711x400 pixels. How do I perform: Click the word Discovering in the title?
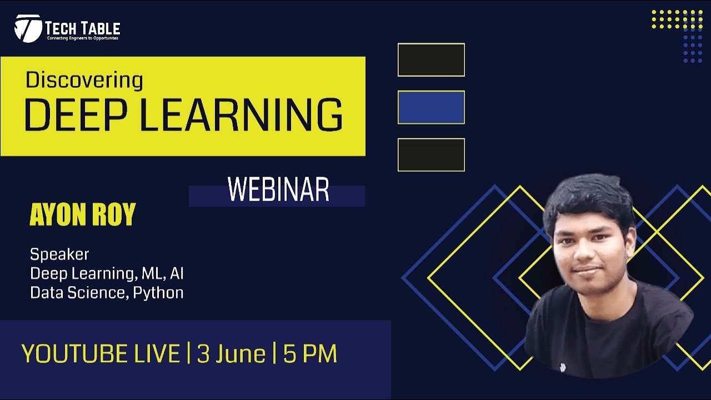84,81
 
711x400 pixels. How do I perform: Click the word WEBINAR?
278,190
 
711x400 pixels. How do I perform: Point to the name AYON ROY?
83,216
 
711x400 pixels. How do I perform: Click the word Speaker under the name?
59,254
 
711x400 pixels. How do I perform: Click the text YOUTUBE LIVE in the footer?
101,354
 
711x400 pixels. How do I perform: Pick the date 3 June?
231,354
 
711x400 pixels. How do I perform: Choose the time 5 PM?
310,354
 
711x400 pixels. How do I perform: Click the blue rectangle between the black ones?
431,107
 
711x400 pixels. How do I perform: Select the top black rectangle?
431,60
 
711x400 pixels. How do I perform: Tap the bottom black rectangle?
431,154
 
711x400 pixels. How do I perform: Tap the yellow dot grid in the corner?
677,19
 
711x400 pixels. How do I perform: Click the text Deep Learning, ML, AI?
107,273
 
